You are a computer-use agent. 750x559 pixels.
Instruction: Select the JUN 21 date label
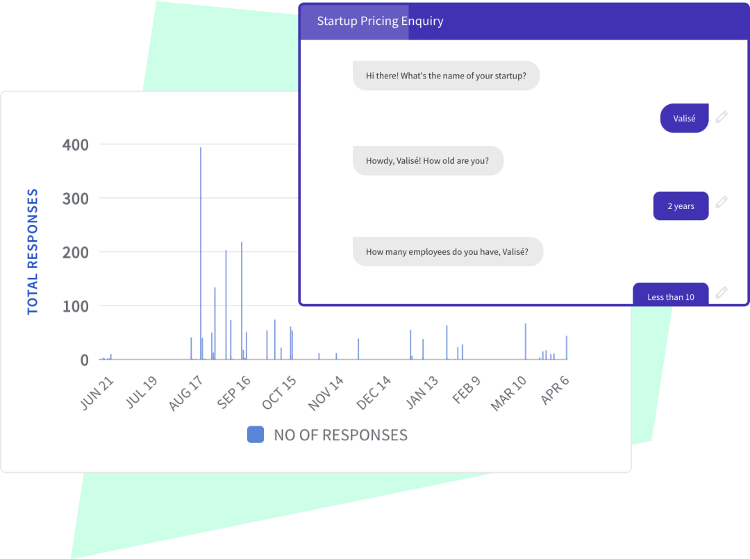tap(97, 393)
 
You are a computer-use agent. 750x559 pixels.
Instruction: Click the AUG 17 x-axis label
tap(186, 393)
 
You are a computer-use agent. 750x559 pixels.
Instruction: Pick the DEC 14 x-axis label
tap(374, 393)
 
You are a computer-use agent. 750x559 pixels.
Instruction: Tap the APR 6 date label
tap(556, 392)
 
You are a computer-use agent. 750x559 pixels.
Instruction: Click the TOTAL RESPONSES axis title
tap(33, 251)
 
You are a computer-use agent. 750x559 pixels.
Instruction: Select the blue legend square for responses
tap(256, 435)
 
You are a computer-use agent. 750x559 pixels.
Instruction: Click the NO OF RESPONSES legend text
tap(340, 435)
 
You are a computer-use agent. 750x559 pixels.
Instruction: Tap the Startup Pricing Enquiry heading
tap(380, 21)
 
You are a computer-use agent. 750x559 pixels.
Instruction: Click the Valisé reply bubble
tap(684, 118)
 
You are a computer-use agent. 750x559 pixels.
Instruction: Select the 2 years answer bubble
tap(681, 206)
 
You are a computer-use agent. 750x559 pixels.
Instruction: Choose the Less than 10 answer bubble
tap(671, 296)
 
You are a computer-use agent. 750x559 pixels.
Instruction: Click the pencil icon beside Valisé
tap(722, 117)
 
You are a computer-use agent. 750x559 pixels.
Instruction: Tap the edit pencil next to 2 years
tap(722, 202)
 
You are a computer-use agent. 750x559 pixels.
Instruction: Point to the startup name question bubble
tap(446, 76)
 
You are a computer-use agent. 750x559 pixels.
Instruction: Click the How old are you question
tap(428, 160)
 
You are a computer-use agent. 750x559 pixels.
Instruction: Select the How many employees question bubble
tap(447, 251)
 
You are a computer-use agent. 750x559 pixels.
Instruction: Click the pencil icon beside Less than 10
tap(722, 292)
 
